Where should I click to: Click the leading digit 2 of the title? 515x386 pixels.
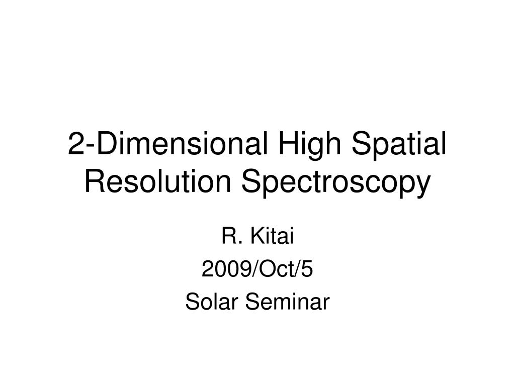(x=75, y=146)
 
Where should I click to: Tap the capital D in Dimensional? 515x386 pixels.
(x=104, y=146)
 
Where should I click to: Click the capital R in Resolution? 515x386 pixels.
(x=94, y=182)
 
